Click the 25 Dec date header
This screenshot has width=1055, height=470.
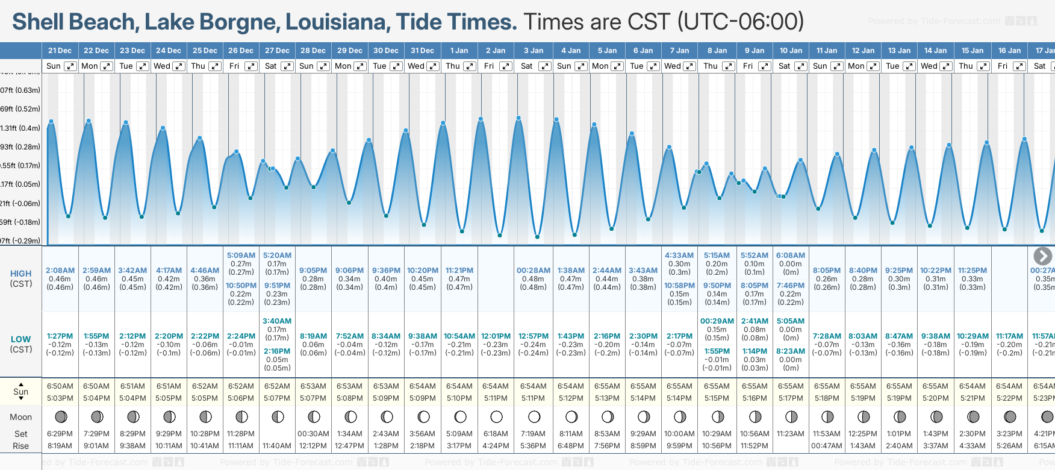(205, 51)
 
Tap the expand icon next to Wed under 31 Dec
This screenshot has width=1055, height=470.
(432, 66)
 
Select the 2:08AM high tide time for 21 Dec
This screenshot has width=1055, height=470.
(60, 271)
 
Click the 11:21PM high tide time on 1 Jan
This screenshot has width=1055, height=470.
(459, 271)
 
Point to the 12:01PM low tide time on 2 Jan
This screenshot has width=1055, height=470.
(496, 336)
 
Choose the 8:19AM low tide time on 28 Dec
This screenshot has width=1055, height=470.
(313, 336)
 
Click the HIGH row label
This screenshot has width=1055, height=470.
(21, 274)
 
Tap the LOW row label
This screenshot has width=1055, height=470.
(21, 339)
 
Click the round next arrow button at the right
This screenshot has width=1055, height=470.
(1042, 256)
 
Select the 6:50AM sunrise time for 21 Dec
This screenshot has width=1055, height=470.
(60, 386)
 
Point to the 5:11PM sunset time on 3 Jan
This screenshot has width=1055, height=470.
(533, 398)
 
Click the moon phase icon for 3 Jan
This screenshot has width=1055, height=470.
(534, 417)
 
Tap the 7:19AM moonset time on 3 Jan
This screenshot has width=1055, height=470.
(533, 434)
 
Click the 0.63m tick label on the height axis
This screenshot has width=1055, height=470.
(21, 90)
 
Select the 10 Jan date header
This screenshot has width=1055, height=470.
(791, 51)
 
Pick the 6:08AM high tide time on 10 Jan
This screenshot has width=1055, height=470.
(791, 255)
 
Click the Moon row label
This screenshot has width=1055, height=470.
(21, 417)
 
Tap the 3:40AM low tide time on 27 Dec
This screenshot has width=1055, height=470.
(277, 321)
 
